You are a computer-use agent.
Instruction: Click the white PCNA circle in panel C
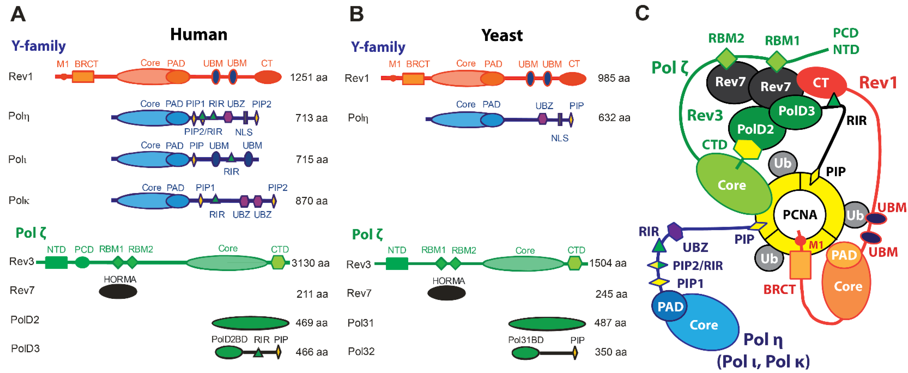[800, 214]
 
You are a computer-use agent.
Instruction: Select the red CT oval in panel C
[821, 83]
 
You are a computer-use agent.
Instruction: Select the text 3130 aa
[310, 263]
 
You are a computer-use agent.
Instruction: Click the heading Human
[198, 35]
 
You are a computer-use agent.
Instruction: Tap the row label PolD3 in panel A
[25, 348]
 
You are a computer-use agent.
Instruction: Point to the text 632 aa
[614, 117]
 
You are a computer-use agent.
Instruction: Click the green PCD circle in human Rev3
[83, 262]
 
